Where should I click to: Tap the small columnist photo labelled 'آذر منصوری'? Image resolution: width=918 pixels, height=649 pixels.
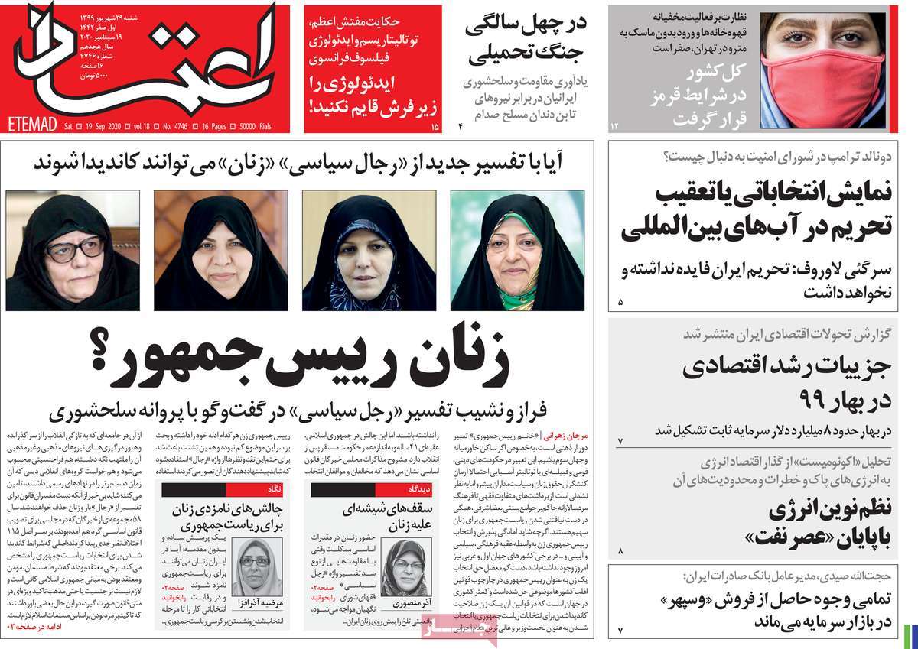tap(398, 569)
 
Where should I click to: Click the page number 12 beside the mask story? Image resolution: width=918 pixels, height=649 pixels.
tap(613, 125)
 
